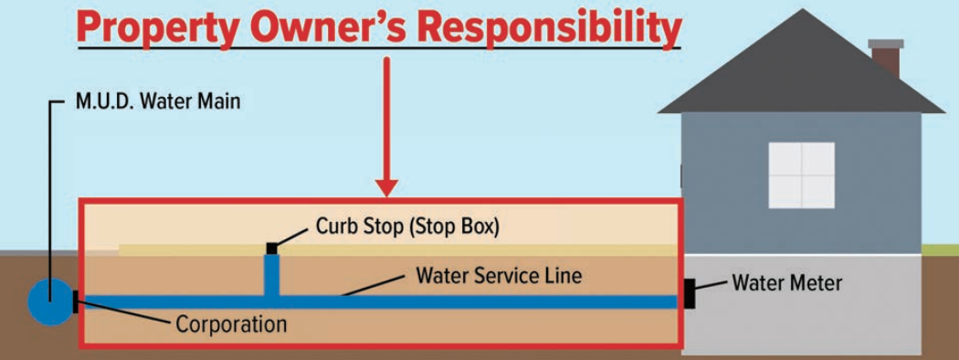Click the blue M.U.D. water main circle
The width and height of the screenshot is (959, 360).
49,302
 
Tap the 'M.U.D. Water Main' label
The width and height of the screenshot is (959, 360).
158,101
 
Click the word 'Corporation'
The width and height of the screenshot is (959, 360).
231,324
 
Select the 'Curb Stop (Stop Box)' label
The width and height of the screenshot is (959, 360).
407,226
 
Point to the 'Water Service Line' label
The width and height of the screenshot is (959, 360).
499,275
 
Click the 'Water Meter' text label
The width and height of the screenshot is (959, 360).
787,283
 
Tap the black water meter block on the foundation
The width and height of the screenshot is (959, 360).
690,293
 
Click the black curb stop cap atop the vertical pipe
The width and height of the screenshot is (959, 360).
271,248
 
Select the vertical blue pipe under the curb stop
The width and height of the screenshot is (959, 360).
271,273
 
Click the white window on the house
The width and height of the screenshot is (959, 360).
801,175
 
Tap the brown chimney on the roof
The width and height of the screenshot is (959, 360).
885,59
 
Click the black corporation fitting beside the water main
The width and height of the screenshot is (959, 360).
75,302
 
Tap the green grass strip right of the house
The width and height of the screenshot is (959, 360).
940,249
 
